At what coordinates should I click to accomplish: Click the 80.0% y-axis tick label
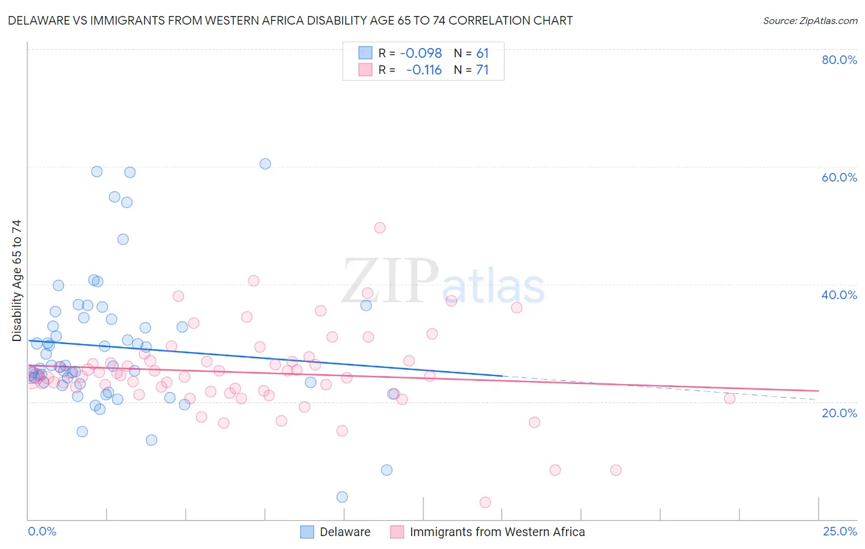[x=839, y=60]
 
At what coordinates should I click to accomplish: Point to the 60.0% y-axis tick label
[x=839, y=177]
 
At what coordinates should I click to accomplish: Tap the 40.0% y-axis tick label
[x=839, y=295]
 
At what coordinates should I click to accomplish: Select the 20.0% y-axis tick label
[x=839, y=413]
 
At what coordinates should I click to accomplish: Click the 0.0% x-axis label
[x=42, y=531]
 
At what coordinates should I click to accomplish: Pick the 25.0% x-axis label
[x=840, y=531]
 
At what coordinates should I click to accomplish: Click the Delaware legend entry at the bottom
[x=345, y=532]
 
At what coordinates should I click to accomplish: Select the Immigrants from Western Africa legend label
[x=497, y=532]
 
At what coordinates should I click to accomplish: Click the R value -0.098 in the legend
[x=421, y=54]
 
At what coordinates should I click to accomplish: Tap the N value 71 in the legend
[x=482, y=70]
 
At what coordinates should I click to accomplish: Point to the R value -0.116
[x=424, y=70]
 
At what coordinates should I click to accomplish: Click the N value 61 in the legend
[x=482, y=54]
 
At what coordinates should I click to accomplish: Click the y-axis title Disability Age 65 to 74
[x=17, y=281]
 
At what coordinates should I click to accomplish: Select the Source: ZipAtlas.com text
[x=810, y=21]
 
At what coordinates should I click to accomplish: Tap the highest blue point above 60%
[x=265, y=164]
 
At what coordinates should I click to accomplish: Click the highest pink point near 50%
[x=380, y=228]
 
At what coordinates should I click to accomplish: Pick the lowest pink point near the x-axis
[x=485, y=502]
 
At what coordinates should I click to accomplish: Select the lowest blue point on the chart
[x=342, y=497]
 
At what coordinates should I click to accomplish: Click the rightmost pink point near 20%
[x=730, y=398]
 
